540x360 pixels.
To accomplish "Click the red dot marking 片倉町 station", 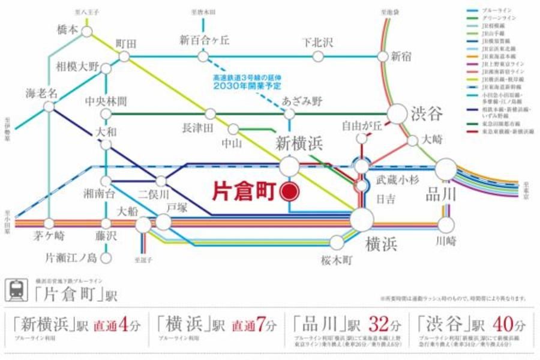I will point(290,191).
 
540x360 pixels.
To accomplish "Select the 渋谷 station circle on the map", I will point(397,114).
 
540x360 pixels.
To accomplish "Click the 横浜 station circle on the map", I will point(362,220).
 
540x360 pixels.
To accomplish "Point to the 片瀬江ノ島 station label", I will point(71,259).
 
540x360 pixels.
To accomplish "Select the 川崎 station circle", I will point(446,225).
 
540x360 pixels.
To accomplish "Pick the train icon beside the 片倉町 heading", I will point(16,290).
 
